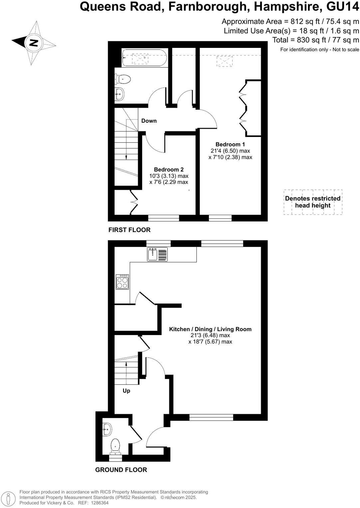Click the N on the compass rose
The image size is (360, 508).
34,43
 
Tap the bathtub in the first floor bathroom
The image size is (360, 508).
144,58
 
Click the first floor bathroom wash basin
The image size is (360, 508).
119,94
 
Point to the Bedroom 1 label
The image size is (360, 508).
230,144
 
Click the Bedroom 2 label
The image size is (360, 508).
169,170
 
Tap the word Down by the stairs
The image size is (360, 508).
149,121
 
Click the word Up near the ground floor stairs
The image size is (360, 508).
126,391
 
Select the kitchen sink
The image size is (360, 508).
157,254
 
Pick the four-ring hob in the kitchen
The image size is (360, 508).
122,282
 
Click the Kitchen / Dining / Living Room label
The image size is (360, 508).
210,329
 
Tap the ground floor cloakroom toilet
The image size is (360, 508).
115,446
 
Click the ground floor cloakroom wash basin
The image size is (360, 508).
107,429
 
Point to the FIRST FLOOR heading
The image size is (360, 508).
129,230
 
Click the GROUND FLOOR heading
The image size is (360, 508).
121,470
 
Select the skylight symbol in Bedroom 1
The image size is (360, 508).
225,62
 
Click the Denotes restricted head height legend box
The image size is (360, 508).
313,202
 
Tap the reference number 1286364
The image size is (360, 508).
99,503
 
